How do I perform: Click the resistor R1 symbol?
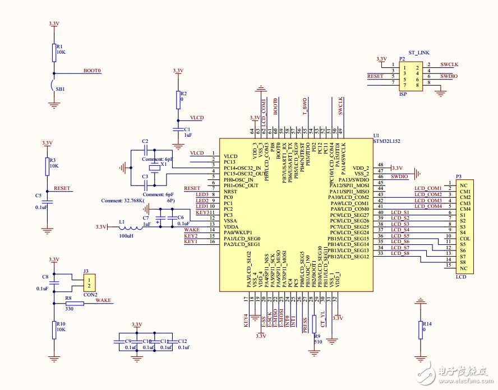pyautogui.click(x=54, y=52)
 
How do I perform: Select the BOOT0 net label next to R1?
pyautogui.click(x=93, y=71)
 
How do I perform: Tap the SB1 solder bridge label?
pyautogui.click(x=60, y=89)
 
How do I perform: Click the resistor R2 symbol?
pyautogui.click(x=178, y=99)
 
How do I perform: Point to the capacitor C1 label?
pyautogui.click(x=188, y=129)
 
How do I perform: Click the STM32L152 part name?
pyautogui.click(x=387, y=141)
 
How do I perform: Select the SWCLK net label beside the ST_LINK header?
pyautogui.click(x=449, y=64)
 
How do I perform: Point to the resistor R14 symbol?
pyautogui.click(x=421, y=331)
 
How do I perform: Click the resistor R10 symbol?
pyautogui.click(x=54, y=329)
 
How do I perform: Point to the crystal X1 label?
pyautogui.click(x=163, y=165)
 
